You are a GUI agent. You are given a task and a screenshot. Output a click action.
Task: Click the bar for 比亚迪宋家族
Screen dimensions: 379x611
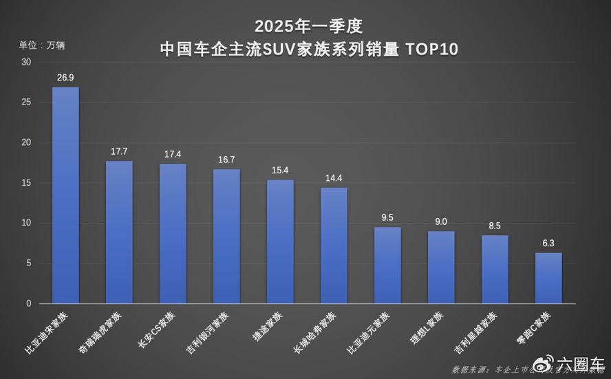pos(65,195)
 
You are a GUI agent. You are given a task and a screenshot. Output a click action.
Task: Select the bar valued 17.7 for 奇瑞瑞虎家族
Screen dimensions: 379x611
pos(119,232)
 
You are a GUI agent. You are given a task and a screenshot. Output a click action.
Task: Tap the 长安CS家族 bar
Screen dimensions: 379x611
pos(173,234)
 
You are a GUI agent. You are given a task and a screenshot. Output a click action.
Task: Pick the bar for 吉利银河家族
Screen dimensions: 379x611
pos(226,237)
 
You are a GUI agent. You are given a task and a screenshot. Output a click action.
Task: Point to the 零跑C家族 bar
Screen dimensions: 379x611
pos(548,278)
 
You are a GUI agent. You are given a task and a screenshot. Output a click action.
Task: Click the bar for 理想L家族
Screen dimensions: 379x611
pos(441,267)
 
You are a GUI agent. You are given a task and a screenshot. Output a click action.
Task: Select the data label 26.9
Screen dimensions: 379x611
pos(65,78)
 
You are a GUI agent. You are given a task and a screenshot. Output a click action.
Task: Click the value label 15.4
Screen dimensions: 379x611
pos(280,170)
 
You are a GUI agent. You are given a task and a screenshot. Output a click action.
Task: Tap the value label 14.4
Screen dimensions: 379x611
pos(334,178)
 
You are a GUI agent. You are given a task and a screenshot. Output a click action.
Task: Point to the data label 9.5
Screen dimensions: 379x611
pos(387,217)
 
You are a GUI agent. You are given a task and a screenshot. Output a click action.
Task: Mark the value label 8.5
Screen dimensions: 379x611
pos(495,226)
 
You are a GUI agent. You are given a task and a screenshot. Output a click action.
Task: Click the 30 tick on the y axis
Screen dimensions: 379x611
pos(26,62)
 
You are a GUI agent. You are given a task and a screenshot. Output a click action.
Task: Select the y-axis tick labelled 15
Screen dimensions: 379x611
pos(26,183)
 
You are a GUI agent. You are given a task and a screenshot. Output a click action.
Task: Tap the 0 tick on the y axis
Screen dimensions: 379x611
pos(28,303)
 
